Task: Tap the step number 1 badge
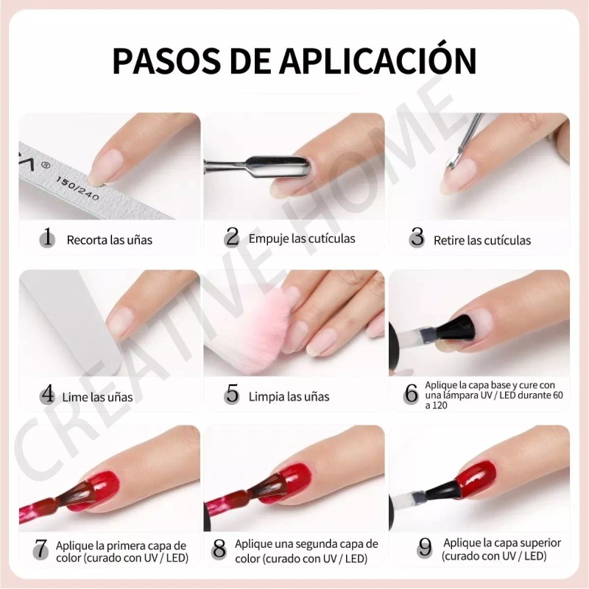click(48, 238)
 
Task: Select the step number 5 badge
click(233, 395)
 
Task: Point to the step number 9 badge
click(425, 549)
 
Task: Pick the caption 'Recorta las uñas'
click(110, 239)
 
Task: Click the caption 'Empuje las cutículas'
click(302, 238)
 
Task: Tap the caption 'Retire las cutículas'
click(482, 240)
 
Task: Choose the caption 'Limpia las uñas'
click(289, 396)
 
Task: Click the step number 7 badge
click(41, 549)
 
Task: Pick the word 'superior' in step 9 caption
click(537, 543)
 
